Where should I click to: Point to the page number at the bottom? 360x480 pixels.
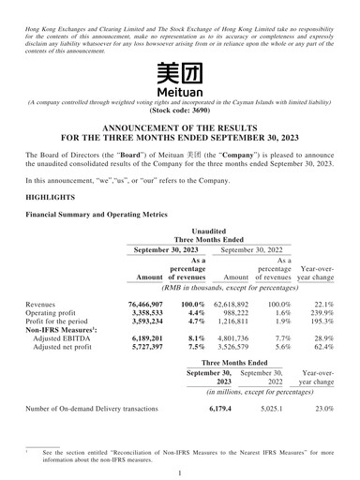click(x=179, y=472)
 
